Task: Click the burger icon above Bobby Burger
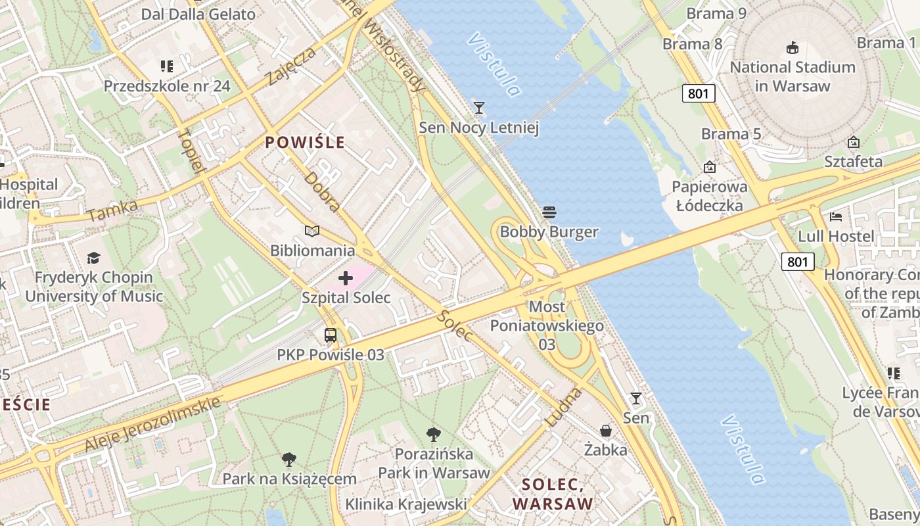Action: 549,212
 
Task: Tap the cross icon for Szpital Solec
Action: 346,278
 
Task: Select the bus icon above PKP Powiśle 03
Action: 331,335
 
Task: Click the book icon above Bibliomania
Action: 312,231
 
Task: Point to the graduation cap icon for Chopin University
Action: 93,258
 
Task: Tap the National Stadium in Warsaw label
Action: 793,76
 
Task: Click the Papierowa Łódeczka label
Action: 709,196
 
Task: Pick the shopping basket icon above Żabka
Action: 606,431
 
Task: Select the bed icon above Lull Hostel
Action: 836,216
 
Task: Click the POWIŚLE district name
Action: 305,143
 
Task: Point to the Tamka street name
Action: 112,211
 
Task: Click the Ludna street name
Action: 564,407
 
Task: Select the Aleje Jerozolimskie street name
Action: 152,423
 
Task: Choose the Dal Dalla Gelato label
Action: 198,14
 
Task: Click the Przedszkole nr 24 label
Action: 167,85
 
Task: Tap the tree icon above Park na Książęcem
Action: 289,459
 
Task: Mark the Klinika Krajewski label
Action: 406,504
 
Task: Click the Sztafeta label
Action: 854,162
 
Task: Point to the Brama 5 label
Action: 731,134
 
